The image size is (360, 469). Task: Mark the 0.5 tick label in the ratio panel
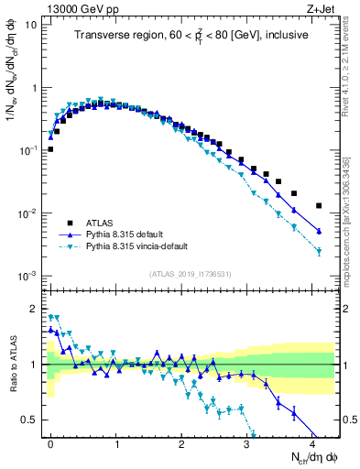pyautogui.click(x=31, y=420)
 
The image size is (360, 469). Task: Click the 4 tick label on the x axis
pyautogui.click(x=312, y=442)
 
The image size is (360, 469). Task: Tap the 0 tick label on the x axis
pyautogui.click(x=50, y=442)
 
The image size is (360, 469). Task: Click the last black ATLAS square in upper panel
pyautogui.click(x=319, y=206)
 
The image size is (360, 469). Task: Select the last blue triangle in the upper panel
pyautogui.click(x=319, y=231)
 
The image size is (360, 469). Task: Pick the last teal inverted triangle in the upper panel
pyautogui.click(x=319, y=252)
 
